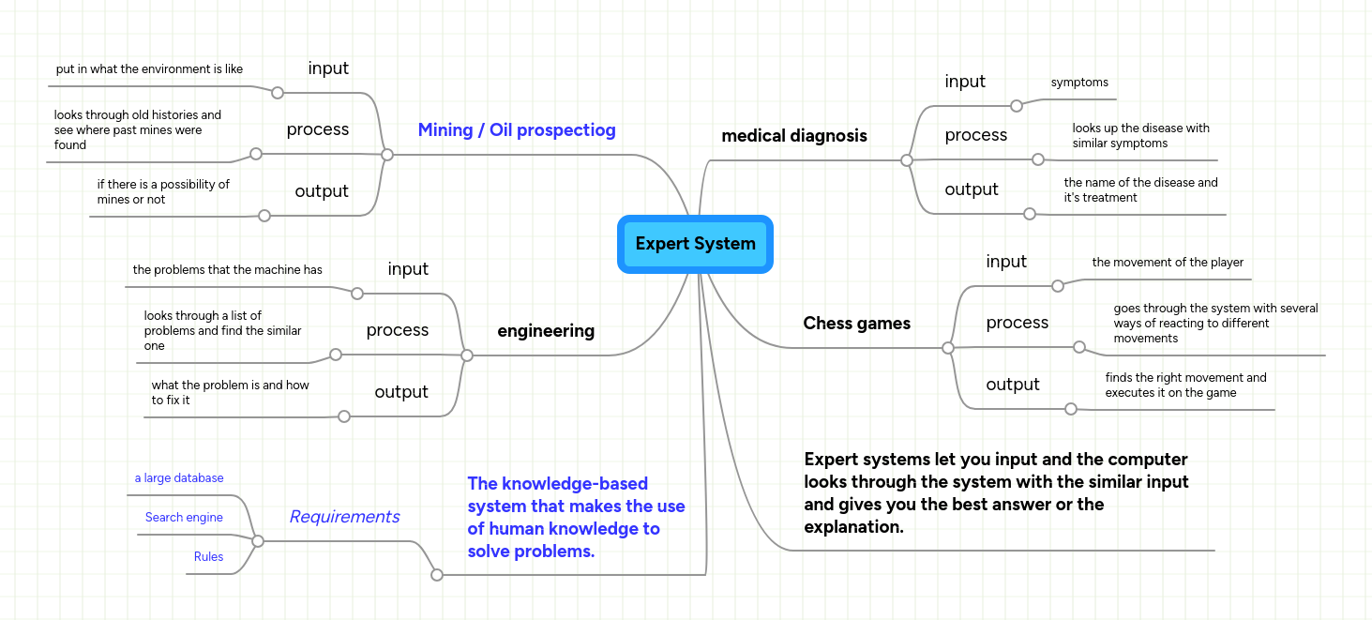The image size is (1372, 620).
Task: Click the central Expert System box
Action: (695, 244)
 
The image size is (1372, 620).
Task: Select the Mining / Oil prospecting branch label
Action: (517, 130)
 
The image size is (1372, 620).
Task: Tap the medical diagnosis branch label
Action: (793, 136)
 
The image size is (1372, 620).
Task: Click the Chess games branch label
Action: (856, 324)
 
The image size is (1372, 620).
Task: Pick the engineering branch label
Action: (545, 331)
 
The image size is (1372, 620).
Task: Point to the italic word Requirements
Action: (344, 517)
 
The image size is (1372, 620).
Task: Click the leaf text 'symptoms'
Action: (1079, 83)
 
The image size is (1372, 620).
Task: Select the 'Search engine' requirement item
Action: (184, 518)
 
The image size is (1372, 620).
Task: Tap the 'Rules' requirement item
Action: (208, 557)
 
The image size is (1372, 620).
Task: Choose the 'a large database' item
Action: (179, 478)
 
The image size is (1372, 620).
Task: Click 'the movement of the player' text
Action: (1168, 263)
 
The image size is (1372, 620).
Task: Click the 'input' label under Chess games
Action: (1006, 262)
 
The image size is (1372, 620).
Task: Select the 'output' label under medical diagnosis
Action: (972, 189)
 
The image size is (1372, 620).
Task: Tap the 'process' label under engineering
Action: (398, 330)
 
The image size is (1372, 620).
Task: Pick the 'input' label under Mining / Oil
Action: (328, 68)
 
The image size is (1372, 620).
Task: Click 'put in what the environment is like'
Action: (149, 69)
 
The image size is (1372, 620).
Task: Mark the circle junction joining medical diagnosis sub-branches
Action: (906, 160)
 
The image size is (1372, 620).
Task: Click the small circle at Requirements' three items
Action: (258, 541)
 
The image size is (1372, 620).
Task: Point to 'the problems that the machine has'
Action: (227, 270)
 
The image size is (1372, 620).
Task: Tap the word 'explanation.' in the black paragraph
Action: (853, 527)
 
